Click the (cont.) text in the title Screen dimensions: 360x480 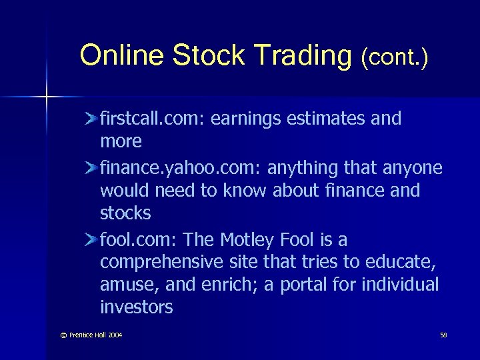pyautogui.click(x=394, y=59)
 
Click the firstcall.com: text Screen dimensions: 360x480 pyautogui.click(x=153, y=119)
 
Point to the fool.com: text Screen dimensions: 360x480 pyautogui.click(x=139, y=239)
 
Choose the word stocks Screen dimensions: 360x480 pyautogui.click(x=125, y=213)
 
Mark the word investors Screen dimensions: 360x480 pyautogui.click(x=136, y=307)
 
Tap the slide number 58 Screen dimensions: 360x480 pyautogui.click(x=443, y=334)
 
